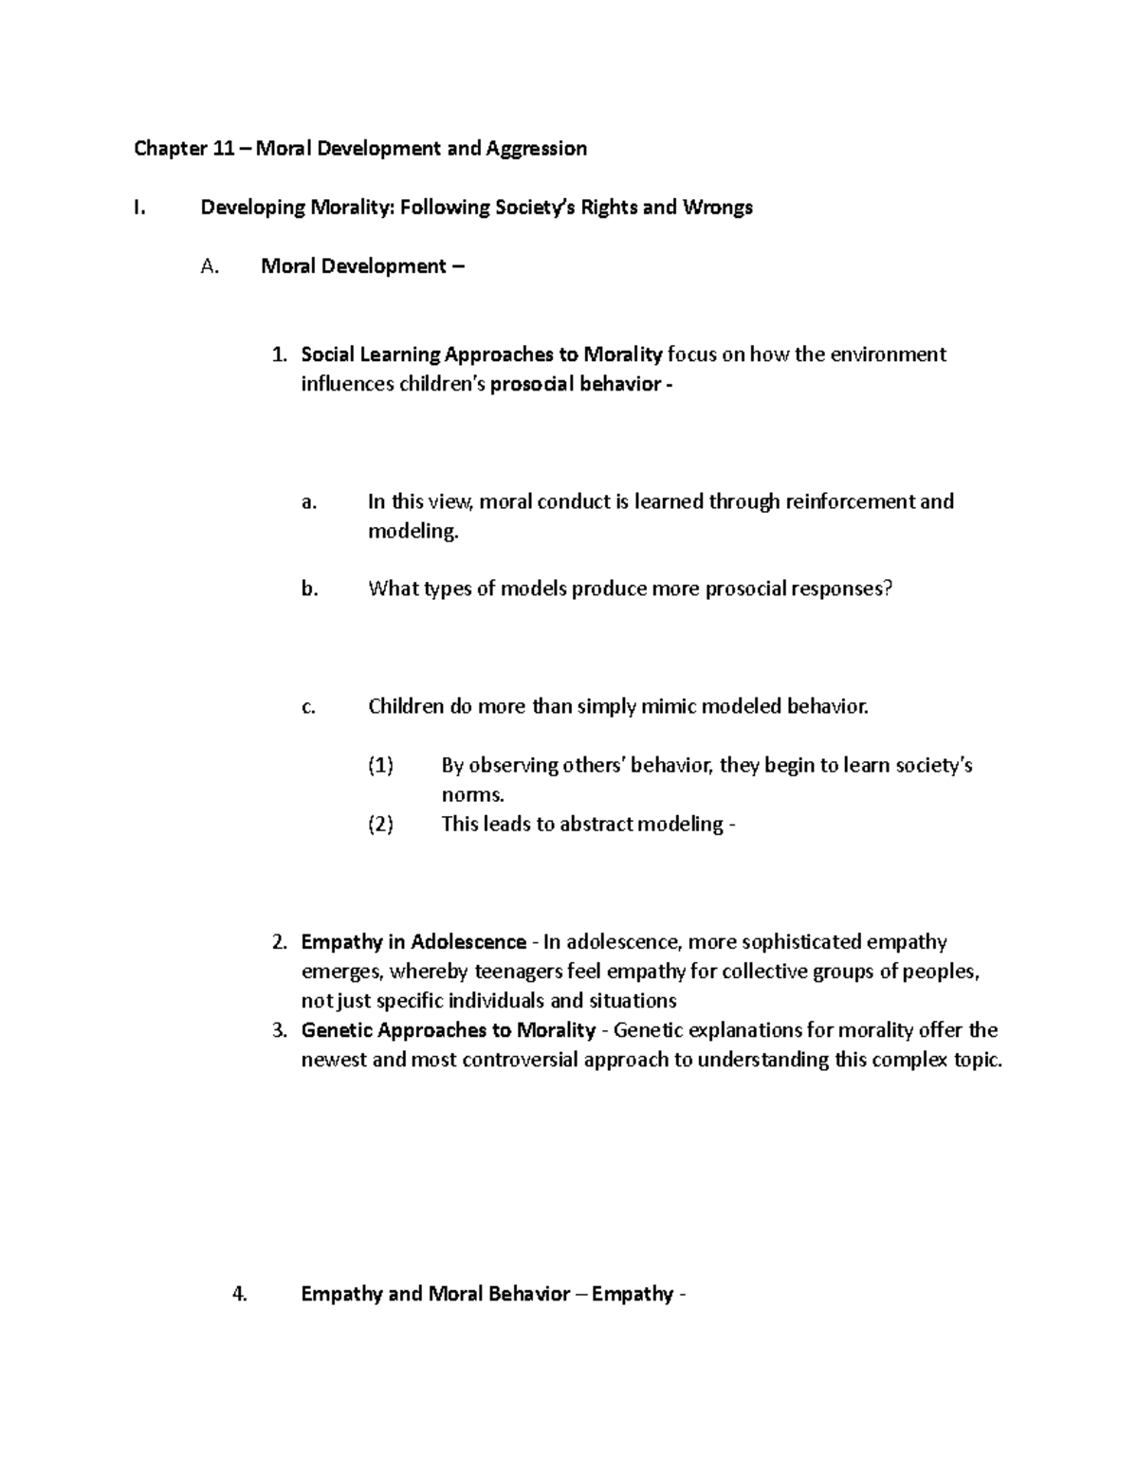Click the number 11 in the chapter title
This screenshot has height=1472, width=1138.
[x=224, y=148]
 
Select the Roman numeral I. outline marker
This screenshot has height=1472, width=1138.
[x=139, y=207]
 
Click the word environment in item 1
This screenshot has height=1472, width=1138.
[x=889, y=354]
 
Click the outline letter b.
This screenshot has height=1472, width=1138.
[x=309, y=589]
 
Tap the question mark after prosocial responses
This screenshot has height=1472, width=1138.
[x=888, y=589]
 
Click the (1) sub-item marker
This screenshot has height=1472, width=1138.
[x=380, y=765]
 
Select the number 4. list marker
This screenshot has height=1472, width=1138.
[x=240, y=1294]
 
